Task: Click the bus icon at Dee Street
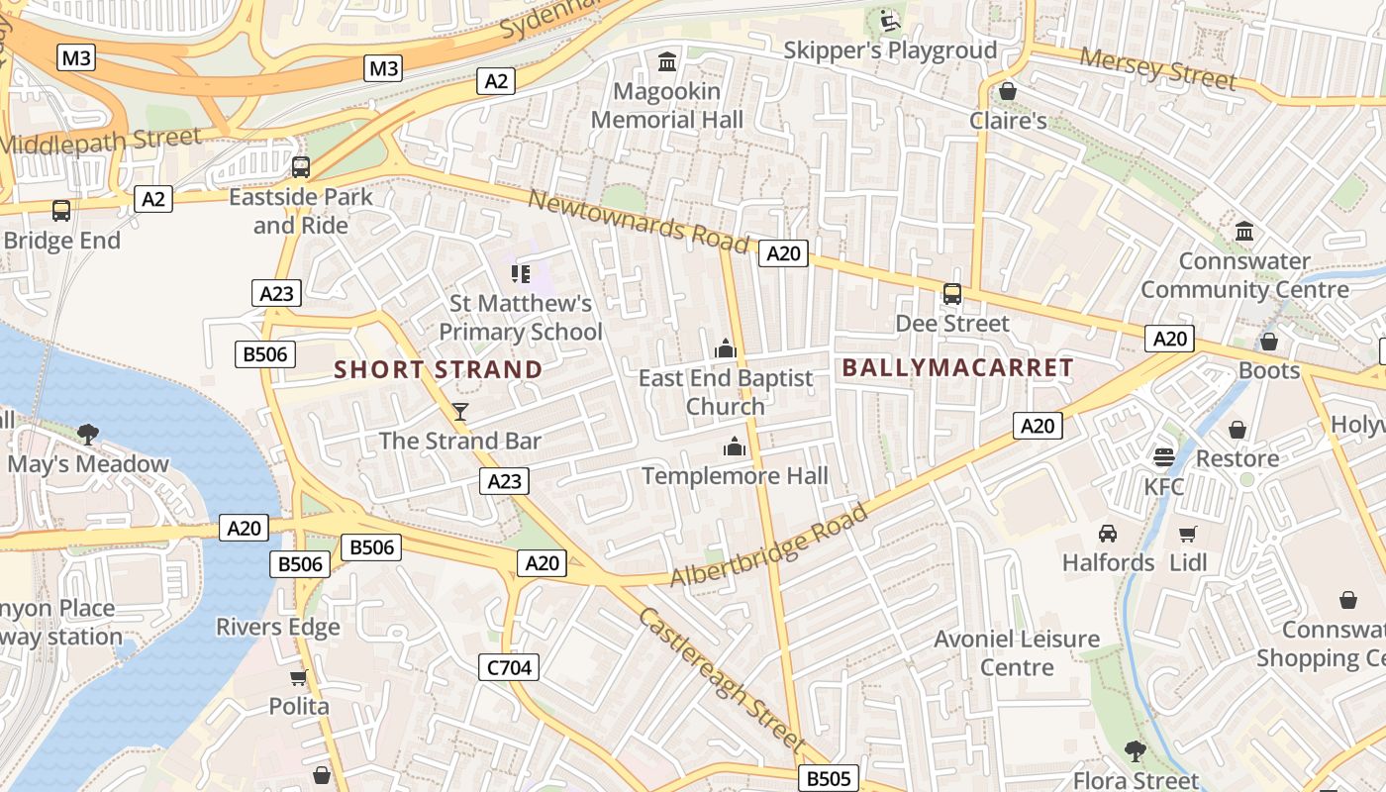[951, 294]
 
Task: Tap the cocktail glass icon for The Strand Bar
[459, 411]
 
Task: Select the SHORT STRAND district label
[438, 370]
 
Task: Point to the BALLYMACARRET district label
[957, 368]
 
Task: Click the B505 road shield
[829, 778]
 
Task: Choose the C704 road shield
[510, 667]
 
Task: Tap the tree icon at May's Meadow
[88, 434]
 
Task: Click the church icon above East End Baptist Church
[726, 348]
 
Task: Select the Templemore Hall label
[735, 476]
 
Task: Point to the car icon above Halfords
[1108, 534]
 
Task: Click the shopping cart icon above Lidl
[1187, 534]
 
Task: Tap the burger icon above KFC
[1163, 457]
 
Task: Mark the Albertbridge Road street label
[769, 544]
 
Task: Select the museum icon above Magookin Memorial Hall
[667, 62]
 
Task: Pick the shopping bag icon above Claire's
[1008, 91]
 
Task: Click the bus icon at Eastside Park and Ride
[301, 166]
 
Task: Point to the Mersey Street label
[1157, 68]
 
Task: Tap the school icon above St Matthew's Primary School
[521, 273]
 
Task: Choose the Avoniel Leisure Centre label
[1017, 652]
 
